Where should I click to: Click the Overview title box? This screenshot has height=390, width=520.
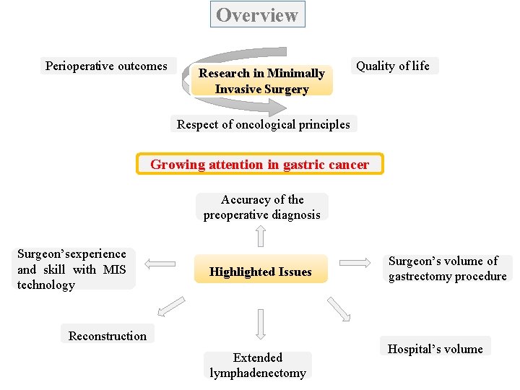(257, 14)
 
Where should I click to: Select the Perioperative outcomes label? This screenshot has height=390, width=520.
(106, 66)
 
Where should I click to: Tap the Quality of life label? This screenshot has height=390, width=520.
(392, 66)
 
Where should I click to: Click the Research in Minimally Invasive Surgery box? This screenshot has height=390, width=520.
(261, 81)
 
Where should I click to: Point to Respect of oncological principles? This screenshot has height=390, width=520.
(263, 124)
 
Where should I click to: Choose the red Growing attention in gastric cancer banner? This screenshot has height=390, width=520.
(259, 164)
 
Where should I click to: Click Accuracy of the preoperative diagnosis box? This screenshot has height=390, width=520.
(261, 207)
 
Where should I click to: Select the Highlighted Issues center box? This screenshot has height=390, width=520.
(260, 272)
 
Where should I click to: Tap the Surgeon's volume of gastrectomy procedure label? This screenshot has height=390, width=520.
(447, 269)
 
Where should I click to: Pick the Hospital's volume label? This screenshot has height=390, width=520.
(435, 349)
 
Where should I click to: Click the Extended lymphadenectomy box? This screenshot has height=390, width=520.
(258, 365)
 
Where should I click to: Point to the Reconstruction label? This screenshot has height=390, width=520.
(107, 335)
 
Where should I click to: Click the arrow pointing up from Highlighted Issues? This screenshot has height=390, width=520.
(261, 235)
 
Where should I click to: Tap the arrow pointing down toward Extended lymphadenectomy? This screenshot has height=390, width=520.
(261, 325)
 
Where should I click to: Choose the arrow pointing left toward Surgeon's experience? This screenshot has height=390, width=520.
(160, 265)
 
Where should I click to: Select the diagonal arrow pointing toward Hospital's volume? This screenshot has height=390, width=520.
(339, 308)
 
